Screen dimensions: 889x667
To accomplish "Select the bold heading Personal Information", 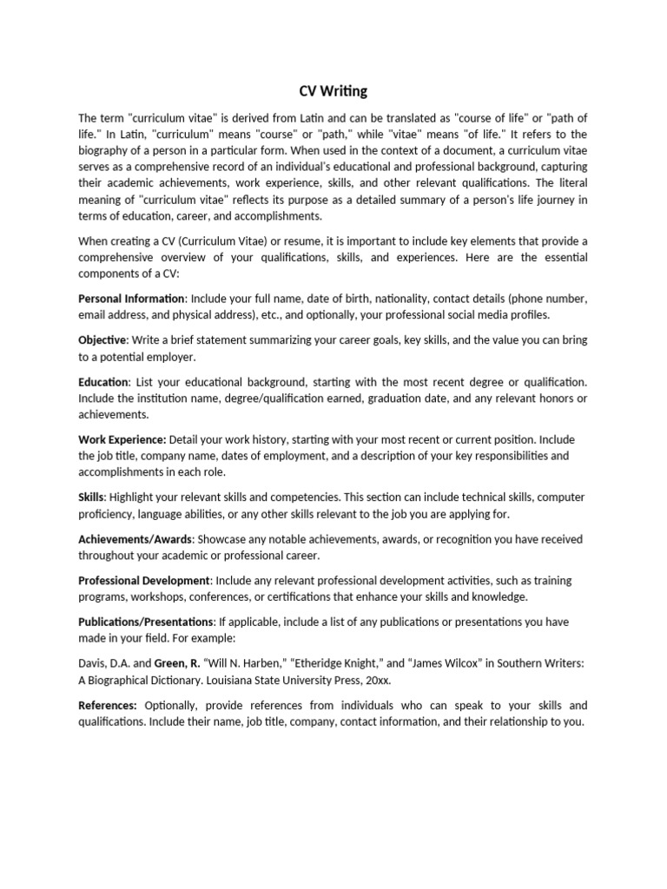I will [131, 299].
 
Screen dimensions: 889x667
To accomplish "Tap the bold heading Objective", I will [102, 339].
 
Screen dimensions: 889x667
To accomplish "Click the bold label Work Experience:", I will [122, 439].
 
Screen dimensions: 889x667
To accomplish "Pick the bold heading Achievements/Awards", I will [135, 539].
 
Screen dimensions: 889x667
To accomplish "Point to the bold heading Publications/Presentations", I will [146, 622].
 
